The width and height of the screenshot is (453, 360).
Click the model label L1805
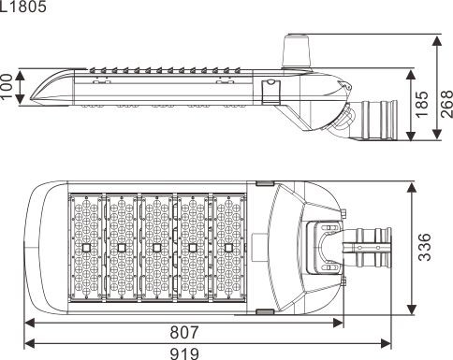pos(23,7)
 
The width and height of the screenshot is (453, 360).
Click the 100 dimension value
pos(7,86)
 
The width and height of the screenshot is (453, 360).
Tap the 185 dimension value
pos(423,104)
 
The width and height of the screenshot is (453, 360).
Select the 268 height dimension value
pos(446,104)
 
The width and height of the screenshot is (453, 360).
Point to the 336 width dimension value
pos(425,247)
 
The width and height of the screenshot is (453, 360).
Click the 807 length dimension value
pos(184,332)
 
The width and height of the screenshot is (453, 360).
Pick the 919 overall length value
pos(184,353)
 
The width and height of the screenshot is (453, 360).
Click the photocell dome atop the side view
pos(296,50)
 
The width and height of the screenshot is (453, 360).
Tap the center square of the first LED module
pos(86,248)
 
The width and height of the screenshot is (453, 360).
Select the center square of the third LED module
pos(157,248)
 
